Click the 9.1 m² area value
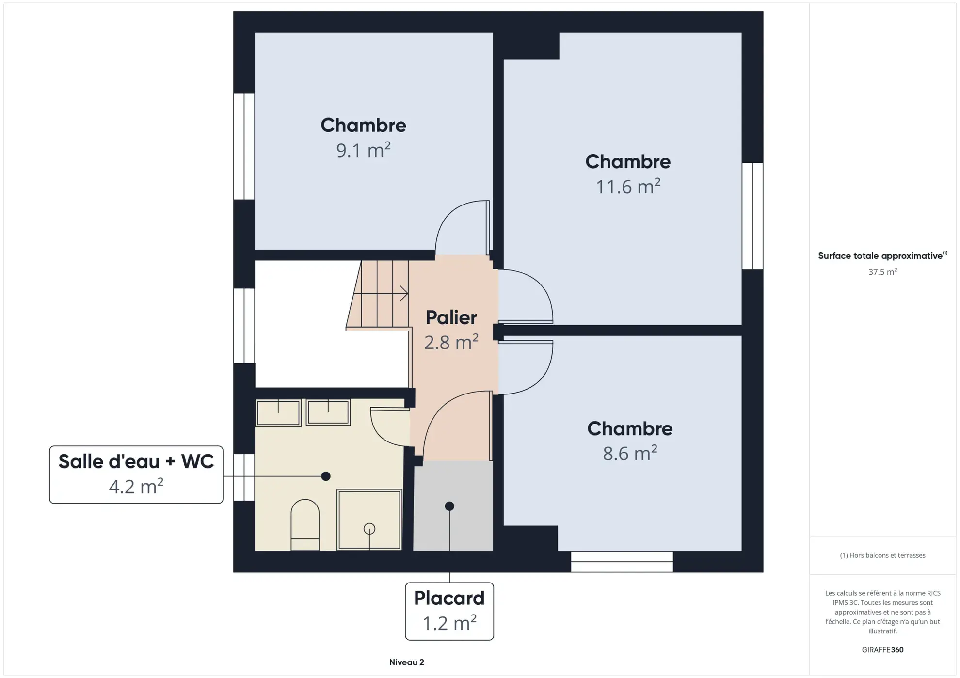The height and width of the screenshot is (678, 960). pos(363,150)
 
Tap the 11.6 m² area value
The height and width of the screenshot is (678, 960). pos(627,187)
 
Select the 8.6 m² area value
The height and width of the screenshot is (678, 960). pos(629,454)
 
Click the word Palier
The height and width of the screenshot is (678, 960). pos(451,318)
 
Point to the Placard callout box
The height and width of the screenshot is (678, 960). pos(449,611)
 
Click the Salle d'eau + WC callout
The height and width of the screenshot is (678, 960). pos(136,474)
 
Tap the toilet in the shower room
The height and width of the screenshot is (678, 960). pos(305,525)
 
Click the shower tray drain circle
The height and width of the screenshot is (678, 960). pos(369,529)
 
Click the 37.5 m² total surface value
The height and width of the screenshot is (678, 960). pos(882,272)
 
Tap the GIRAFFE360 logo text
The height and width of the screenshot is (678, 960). pos(882,650)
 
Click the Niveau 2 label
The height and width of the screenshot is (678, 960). pos(406,662)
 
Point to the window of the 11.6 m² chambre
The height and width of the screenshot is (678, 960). pos(752,216)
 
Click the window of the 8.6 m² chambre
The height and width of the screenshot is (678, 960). pos(622,562)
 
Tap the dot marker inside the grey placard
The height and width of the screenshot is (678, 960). pos(449,506)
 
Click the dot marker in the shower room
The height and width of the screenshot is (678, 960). pos(326,476)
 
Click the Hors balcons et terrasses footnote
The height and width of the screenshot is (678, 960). pos(882,555)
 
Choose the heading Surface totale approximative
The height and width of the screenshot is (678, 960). pos(880,256)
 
